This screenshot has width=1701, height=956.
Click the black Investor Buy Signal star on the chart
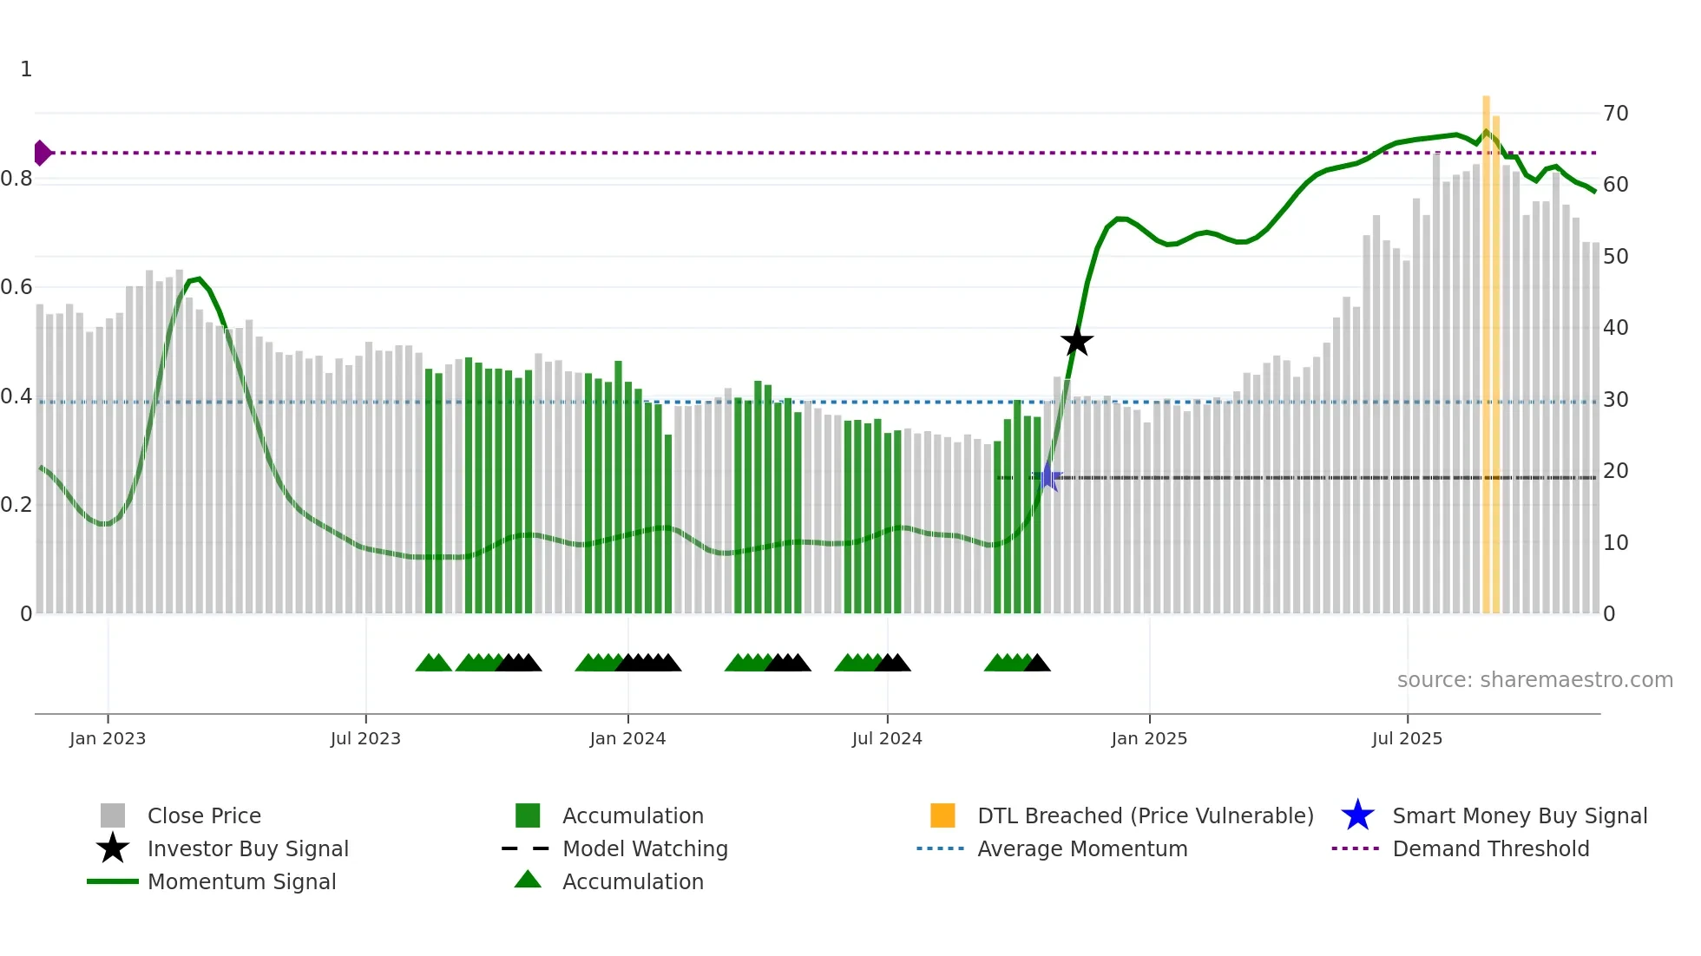(1076, 341)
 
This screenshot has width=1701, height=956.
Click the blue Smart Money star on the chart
(1048, 477)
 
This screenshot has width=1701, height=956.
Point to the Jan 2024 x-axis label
(627, 738)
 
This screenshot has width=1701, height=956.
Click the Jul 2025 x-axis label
(1407, 738)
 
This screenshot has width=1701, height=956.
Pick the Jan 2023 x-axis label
(108, 738)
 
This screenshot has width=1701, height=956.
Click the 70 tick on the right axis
(1615, 114)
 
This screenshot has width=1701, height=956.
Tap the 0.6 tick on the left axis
(16, 287)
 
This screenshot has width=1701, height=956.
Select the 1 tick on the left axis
(26, 69)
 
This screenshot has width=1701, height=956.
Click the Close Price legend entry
(203, 815)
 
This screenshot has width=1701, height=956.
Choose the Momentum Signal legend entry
(241, 881)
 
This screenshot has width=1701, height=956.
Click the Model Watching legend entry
(644, 848)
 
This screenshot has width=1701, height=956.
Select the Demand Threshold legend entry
(1490, 848)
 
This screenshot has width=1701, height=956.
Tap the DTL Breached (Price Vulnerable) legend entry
(1145, 815)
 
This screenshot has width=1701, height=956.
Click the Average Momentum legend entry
(1081, 848)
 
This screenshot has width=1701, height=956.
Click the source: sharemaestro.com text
(1534, 680)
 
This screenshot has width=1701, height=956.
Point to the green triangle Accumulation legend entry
(632, 881)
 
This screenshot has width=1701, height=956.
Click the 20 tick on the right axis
(1615, 471)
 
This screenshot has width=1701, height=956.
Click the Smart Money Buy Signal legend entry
(1519, 815)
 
